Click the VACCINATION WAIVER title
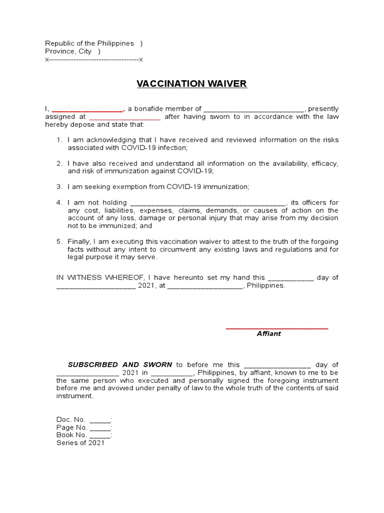tap(192, 84)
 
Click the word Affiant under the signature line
tap(269, 334)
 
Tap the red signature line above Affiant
tap(277, 328)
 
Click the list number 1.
tap(59, 140)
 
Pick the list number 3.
tap(59, 187)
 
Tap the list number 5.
tap(59, 241)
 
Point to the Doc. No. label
tap(71, 419)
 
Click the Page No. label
tap(72, 427)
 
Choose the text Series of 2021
tap(80, 443)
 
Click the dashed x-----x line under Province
tap(94, 60)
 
